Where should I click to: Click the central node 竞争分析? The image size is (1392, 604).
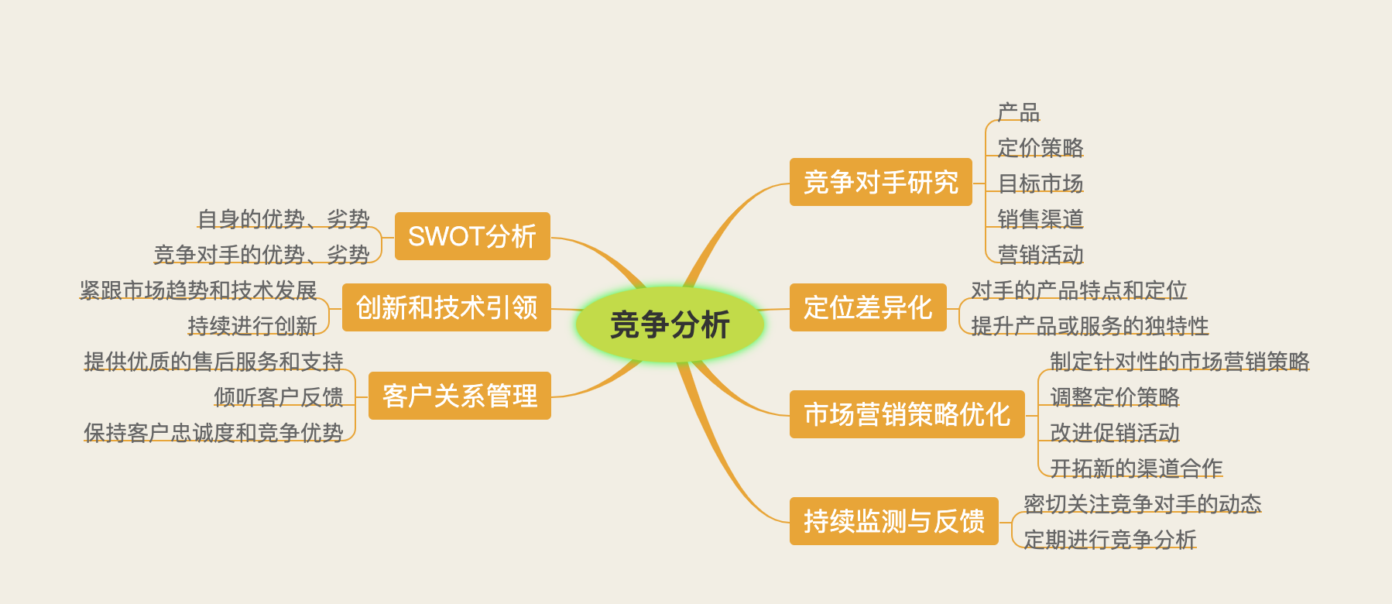click(670, 324)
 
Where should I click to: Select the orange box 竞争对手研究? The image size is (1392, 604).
click(880, 182)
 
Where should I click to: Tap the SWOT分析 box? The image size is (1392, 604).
click(472, 236)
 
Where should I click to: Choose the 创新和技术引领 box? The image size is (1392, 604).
click(447, 307)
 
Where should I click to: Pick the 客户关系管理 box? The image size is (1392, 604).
click(460, 396)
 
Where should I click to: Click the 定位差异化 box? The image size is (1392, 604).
click(868, 307)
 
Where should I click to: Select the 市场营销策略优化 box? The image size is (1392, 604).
click(907, 414)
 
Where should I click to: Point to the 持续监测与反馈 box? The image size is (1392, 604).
click(893, 521)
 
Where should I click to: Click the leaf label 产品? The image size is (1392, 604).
click(1019, 112)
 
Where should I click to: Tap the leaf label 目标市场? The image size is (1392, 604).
click(1041, 184)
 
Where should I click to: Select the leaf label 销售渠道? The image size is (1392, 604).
click(1041, 219)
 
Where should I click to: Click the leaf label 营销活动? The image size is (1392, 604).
click(1041, 255)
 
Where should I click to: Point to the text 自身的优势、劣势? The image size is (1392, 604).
click(283, 219)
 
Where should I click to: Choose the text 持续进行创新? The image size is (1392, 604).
click(252, 326)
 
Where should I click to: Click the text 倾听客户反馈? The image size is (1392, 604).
click(279, 397)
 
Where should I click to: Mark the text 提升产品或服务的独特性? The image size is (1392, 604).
click(1089, 326)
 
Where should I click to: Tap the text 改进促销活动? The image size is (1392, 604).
click(1115, 433)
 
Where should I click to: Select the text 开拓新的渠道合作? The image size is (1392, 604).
click(1137, 468)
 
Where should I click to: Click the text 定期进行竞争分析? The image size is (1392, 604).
click(1110, 540)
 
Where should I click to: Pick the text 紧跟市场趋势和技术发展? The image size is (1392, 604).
click(198, 290)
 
